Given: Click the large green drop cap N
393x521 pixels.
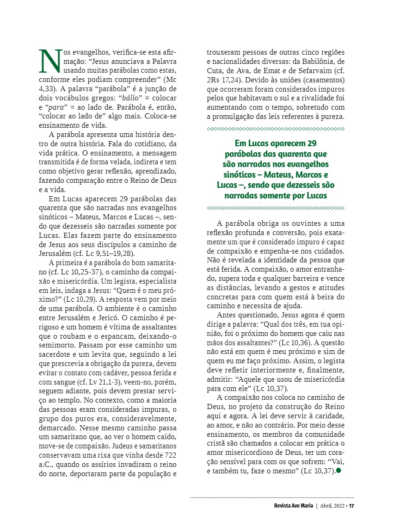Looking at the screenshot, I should pos(50,62).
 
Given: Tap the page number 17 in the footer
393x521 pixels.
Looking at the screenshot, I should pos(351,505).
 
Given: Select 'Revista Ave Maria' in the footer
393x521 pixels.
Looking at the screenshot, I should pos(293,505).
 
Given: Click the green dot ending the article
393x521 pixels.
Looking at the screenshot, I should pos(339,471).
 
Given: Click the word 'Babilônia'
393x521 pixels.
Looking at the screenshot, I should pos(313,62).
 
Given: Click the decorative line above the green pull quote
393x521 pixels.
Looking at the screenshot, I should pos(276,129).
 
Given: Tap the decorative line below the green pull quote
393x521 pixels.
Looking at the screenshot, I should pos(276,208).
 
